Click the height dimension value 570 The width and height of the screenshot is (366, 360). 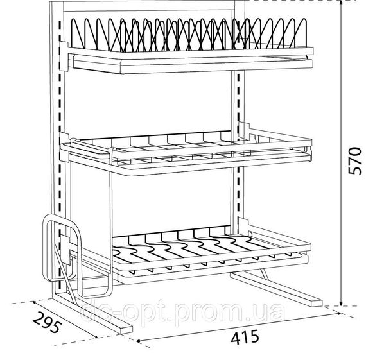(354, 160)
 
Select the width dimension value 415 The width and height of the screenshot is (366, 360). (245, 338)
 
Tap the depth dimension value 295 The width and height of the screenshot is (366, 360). (48, 322)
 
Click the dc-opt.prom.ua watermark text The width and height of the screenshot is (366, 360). (183, 311)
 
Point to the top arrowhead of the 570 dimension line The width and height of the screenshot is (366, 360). (341, 3)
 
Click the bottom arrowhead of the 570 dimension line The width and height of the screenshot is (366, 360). (341, 303)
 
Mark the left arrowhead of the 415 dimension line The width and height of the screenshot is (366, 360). (139, 341)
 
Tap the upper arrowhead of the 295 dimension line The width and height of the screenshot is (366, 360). (35, 302)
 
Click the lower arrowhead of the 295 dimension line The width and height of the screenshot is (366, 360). (95, 336)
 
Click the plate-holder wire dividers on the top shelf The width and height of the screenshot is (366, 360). (188, 35)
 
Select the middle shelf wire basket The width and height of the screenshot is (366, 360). (186, 149)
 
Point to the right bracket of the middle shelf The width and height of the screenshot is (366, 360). (244, 130)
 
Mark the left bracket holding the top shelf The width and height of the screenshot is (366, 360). (64, 56)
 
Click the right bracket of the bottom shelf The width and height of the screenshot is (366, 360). (243, 226)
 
